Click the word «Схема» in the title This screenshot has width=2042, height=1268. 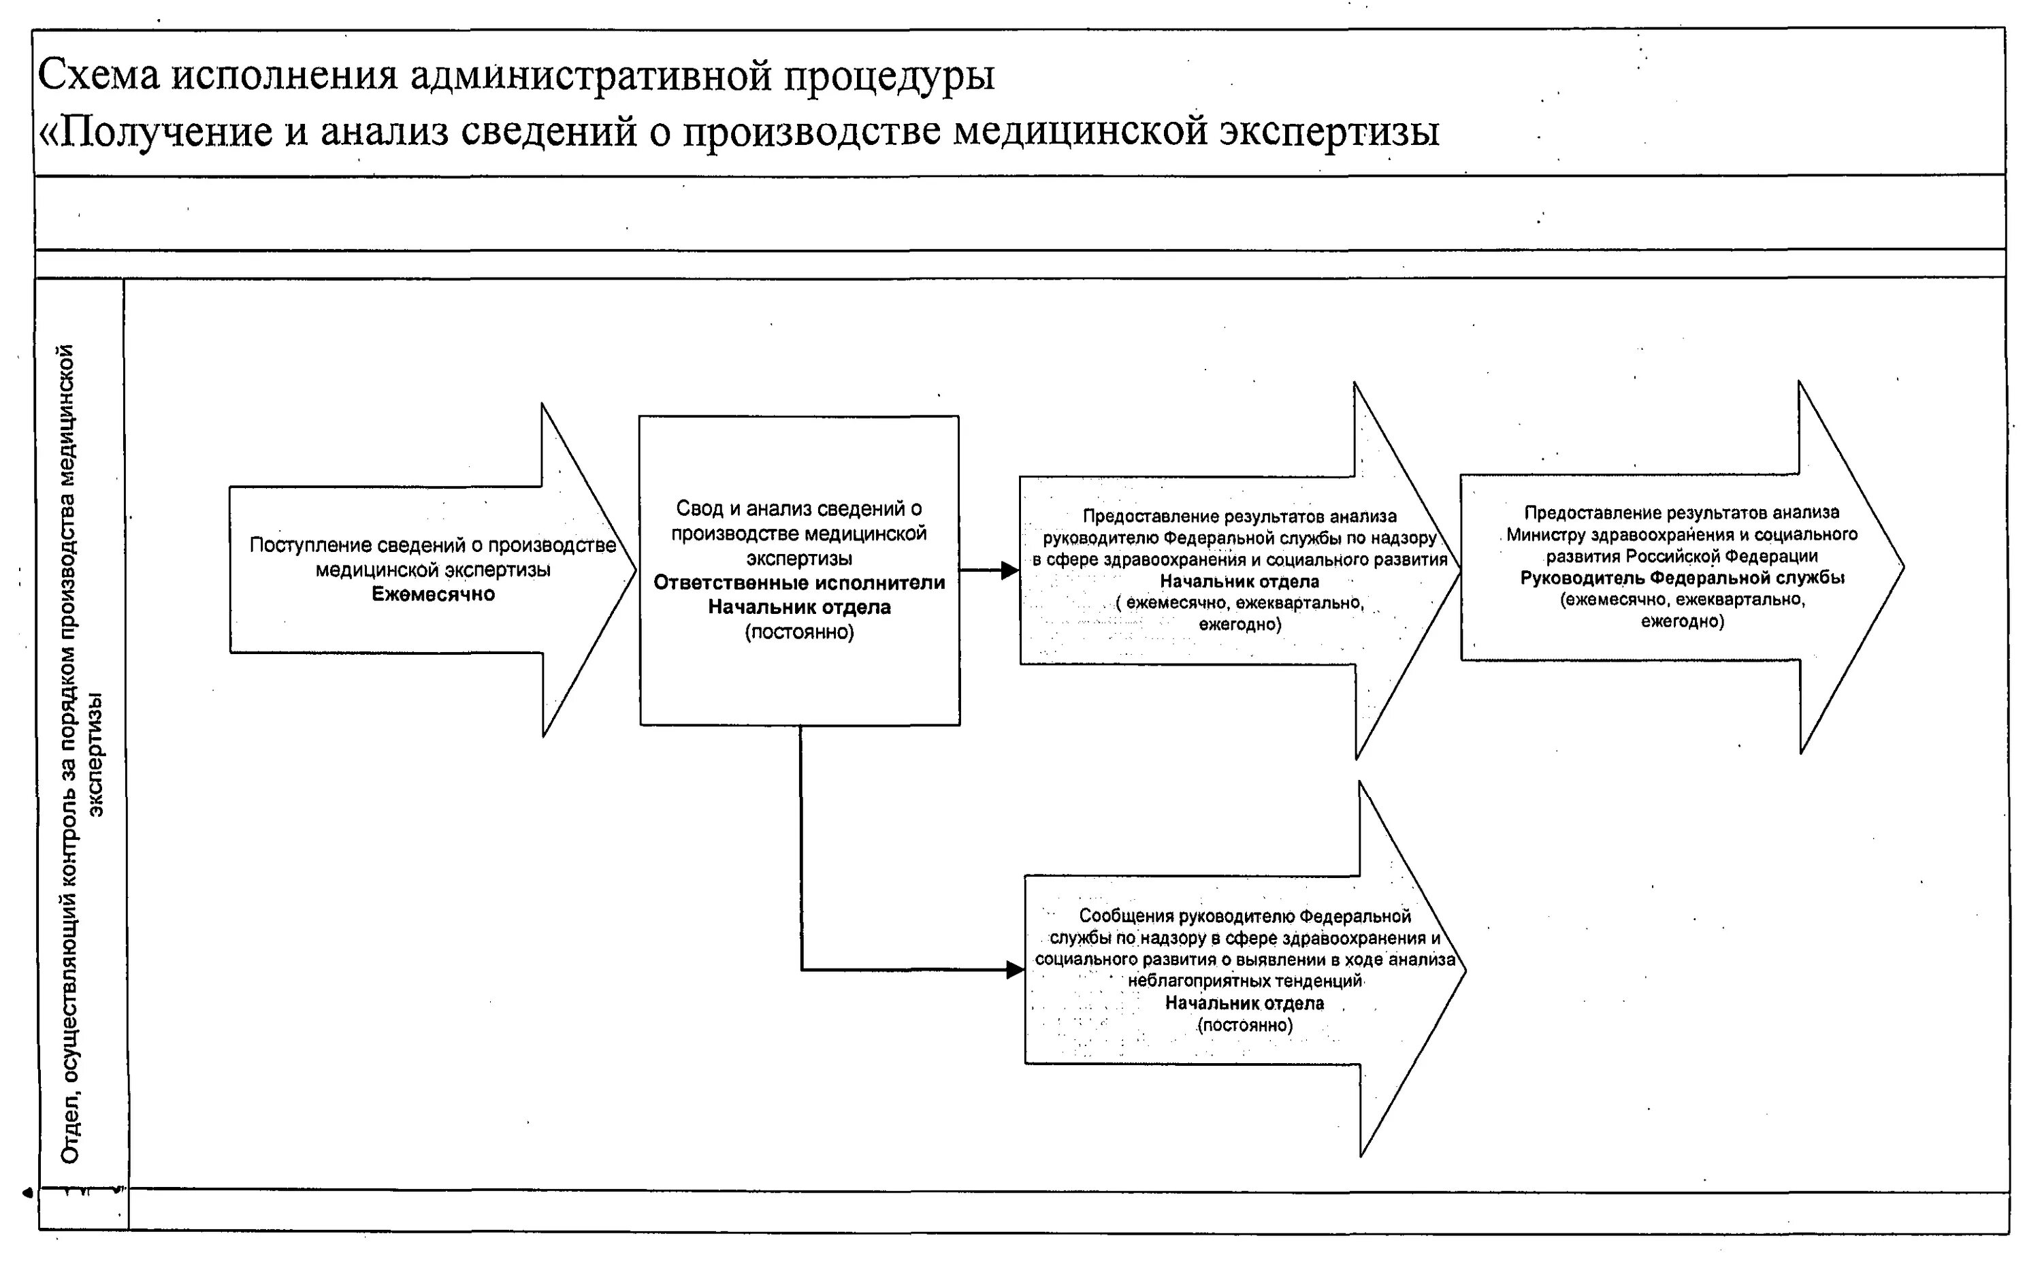click(98, 76)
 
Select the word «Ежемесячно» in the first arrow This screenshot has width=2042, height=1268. click(433, 595)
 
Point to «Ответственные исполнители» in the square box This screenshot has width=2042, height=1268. click(799, 583)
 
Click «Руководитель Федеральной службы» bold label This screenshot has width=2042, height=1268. click(1681, 578)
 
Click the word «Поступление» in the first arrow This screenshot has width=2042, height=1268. click(310, 546)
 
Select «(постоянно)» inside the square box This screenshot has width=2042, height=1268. click(799, 632)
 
